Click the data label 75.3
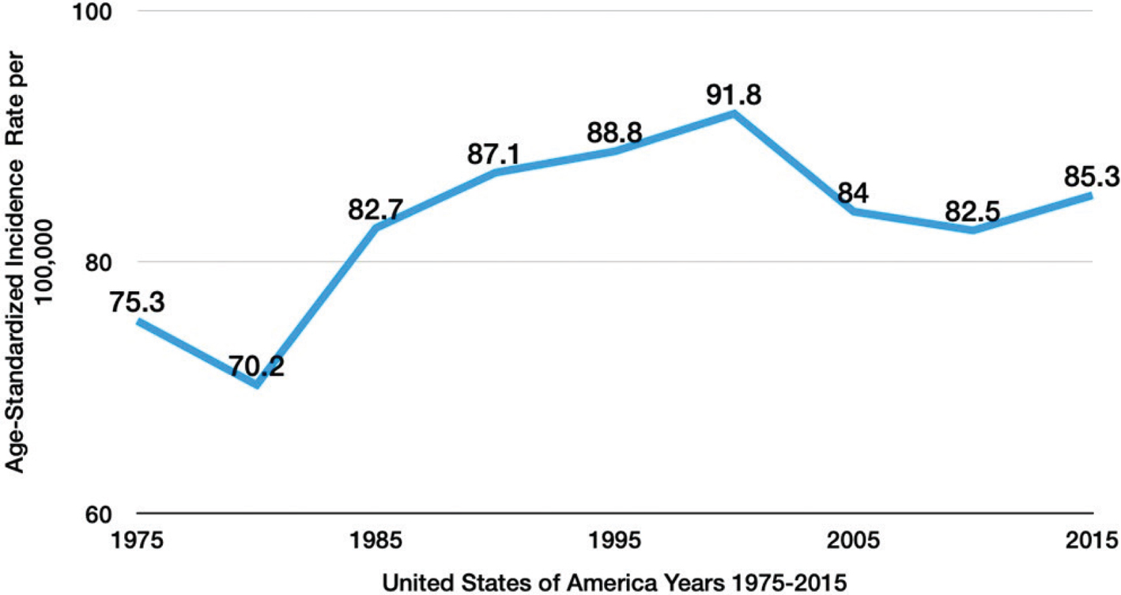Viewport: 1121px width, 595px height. coord(137,302)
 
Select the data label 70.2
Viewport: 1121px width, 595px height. coord(257,366)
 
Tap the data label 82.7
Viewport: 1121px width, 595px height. coord(376,209)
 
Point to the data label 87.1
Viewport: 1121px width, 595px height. coord(494,153)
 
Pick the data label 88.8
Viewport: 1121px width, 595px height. coord(614,133)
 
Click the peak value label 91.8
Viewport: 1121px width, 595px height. coord(734,94)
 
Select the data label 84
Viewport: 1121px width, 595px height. coord(853,193)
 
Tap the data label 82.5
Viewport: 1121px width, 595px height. coord(972,211)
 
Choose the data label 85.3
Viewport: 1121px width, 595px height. coord(1092,176)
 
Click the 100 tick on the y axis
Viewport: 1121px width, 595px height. coord(92,12)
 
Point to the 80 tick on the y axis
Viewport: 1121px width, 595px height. coord(98,262)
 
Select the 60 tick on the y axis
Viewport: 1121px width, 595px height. coord(98,514)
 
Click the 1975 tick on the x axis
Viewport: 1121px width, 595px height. coord(137,540)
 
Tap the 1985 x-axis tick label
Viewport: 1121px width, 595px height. coord(376,540)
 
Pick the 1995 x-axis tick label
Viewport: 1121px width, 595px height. coord(614,540)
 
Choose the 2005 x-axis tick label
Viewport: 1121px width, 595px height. coord(853,540)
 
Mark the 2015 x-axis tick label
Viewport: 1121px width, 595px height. coord(1092,540)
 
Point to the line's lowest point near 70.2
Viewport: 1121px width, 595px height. coord(257,385)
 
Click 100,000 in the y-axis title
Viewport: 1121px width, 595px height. coord(44,261)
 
